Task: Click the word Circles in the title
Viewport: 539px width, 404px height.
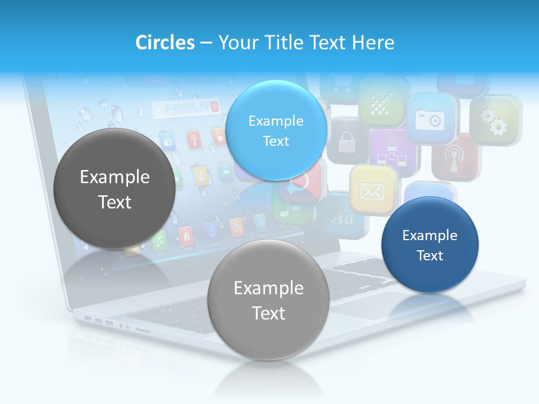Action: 165,43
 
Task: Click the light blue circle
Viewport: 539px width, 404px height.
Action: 276,130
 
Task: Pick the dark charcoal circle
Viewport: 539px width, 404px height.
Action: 115,189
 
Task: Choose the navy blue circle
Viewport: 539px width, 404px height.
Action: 430,245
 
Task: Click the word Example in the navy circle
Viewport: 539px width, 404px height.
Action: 430,235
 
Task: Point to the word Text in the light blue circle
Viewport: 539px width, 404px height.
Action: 276,141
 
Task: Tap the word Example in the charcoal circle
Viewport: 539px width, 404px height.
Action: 115,177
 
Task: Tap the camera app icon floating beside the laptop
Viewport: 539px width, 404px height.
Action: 430,118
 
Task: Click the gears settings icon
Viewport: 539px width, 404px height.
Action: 494,121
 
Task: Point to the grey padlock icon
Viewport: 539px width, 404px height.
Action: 345,140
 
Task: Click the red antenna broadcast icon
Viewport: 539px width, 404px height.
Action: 453,158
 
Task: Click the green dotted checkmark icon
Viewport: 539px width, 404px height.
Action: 382,102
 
